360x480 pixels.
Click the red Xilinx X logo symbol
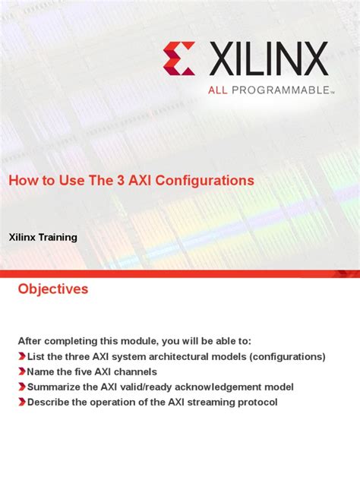click(x=180, y=59)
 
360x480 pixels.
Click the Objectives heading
click(x=53, y=289)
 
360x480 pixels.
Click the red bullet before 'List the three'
click(x=21, y=356)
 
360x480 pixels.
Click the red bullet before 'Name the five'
click(x=21, y=371)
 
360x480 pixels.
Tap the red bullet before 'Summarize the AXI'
click(x=21, y=387)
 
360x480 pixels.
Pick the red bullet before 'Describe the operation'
click(x=21, y=402)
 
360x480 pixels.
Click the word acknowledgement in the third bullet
click(x=219, y=387)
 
